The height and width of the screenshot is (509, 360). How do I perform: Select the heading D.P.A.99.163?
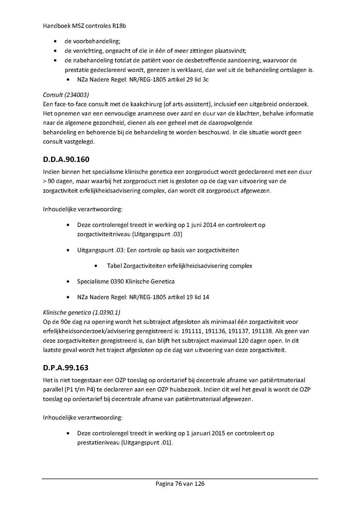[x=66, y=367]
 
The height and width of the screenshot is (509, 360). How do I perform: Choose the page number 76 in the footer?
[x=178, y=484]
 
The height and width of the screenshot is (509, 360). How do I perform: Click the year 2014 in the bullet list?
[x=210, y=225]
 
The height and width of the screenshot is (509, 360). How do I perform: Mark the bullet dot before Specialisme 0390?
[x=70, y=282]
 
